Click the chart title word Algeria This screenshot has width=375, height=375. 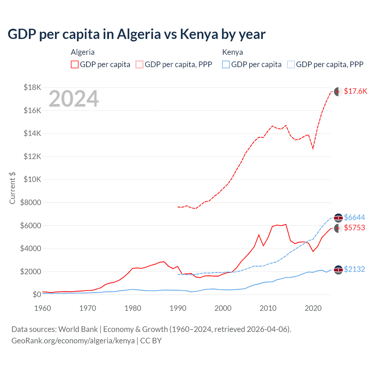(139, 34)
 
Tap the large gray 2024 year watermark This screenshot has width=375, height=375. (74, 99)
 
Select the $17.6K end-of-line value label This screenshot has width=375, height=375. (355, 91)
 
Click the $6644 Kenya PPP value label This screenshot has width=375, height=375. (354, 217)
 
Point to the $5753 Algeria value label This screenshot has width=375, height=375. (354, 228)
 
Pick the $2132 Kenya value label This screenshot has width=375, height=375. (354, 269)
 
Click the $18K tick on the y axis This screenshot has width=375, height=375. (32, 87)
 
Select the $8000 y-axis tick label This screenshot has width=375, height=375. (30, 202)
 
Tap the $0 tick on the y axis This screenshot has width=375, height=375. (37, 294)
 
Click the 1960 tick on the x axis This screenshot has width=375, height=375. (43, 308)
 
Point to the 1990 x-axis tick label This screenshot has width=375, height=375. (178, 308)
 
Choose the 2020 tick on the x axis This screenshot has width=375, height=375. (313, 308)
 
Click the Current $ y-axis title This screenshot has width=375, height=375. (12, 188)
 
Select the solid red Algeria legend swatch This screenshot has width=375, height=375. (75, 64)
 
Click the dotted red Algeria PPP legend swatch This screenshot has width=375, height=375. (139, 64)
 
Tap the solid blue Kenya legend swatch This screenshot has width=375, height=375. (226, 64)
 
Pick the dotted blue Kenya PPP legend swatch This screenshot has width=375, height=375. (291, 64)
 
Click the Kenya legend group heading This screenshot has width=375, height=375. (232, 52)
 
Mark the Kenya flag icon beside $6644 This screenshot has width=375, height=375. (338, 218)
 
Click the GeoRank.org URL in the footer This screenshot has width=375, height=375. (73, 341)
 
